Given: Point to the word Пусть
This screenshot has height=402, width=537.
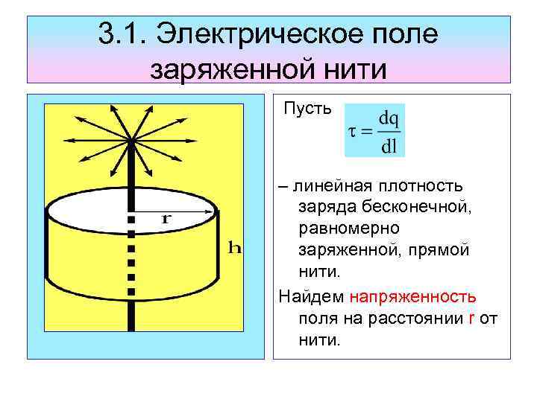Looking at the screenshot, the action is click(x=308, y=109).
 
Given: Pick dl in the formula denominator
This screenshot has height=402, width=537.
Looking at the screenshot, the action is click(x=389, y=145).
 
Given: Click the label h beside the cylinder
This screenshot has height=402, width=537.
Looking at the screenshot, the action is click(x=234, y=249).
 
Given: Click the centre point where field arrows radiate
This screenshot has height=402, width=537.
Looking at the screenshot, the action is click(x=131, y=140).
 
